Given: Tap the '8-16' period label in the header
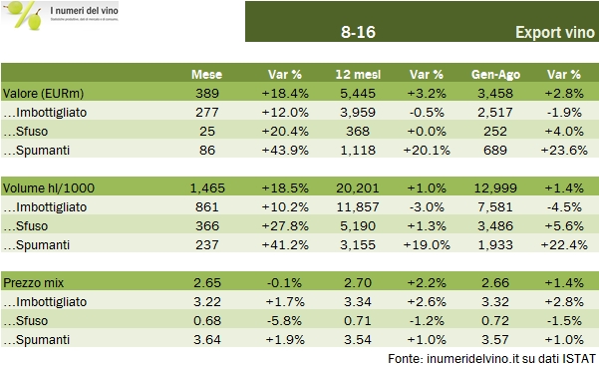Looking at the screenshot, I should [357, 34].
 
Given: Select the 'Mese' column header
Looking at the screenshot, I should [207, 76].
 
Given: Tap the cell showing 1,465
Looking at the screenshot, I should [207, 186].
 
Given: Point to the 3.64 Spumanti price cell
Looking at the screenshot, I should [207, 340].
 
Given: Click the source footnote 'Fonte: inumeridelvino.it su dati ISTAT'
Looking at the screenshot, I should [492, 358].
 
